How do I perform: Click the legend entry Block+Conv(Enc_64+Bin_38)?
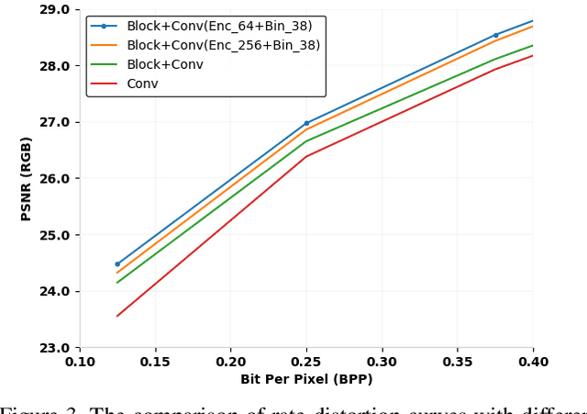point(218,27)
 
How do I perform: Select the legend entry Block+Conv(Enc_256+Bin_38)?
point(223,45)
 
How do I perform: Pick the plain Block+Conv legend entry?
point(165,64)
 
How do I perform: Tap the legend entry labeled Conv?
point(142,84)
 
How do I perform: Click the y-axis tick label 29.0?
point(53,10)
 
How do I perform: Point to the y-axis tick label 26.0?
point(53,179)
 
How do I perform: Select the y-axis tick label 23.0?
point(53,348)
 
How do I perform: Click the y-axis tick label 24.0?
point(53,292)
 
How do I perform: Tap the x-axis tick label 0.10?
point(80,363)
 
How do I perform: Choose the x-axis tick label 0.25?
point(306,363)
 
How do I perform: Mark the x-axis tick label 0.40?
point(533,363)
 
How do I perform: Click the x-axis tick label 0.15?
point(155,363)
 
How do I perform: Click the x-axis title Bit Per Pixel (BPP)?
point(306,379)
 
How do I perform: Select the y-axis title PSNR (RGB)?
point(27,178)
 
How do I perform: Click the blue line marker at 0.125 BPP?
point(117,264)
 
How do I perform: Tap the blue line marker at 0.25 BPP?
point(306,123)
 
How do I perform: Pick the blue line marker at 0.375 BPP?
point(495,36)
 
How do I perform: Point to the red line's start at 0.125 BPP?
point(117,317)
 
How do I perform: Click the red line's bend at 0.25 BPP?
point(306,156)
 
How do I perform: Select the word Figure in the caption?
point(23,409)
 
